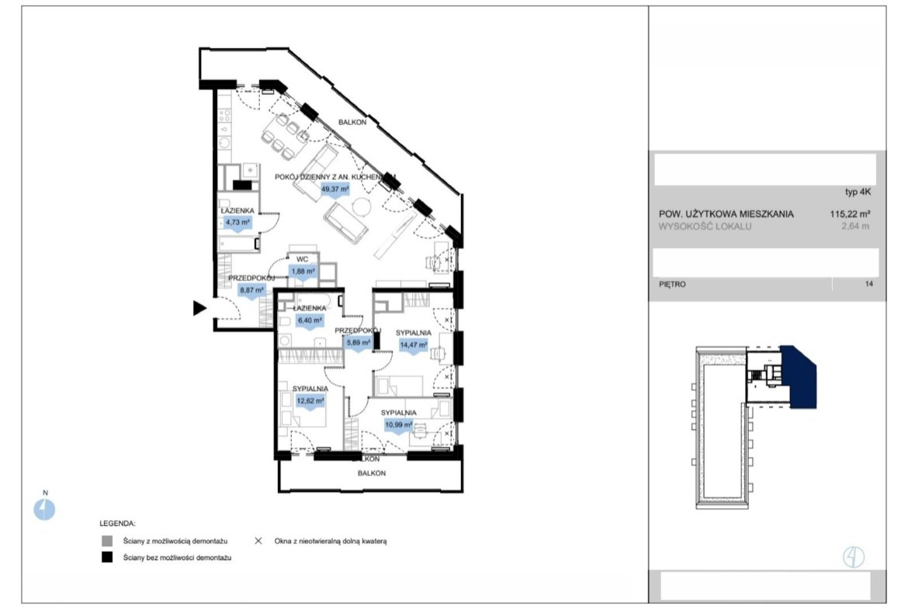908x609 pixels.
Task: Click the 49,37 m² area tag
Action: [335, 190]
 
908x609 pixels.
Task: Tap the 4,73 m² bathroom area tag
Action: [237, 223]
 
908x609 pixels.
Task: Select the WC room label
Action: [303, 259]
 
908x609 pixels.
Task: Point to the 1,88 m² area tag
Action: [303, 272]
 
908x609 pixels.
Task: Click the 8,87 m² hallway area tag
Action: [252, 291]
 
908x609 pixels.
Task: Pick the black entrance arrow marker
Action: [199, 309]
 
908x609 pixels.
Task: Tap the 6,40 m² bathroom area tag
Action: [310, 320]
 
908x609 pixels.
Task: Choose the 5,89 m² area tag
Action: [359, 343]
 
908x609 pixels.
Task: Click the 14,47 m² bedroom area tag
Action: [414, 345]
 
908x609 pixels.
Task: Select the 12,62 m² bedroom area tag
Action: [310, 401]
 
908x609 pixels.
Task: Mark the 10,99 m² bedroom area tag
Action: [399, 425]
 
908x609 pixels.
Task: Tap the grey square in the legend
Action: [107, 542]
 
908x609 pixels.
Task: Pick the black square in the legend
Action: [107, 558]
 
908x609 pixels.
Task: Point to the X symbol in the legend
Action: [258, 541]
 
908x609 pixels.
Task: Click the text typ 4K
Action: [858, 192]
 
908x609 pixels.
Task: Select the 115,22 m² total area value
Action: [850, 213]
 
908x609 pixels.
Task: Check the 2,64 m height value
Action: [855, 227]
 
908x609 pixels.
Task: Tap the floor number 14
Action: [868, 284]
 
